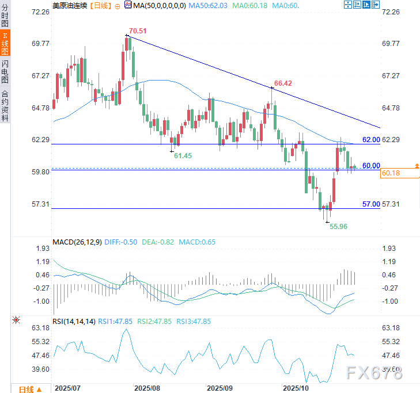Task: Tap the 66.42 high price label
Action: coord(283,83)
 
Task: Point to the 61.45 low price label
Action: coord(183,156)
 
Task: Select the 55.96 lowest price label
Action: coord(338,227)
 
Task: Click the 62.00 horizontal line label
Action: coord(371,140)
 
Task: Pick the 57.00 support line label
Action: coord(371,204)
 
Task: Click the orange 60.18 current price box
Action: coord(390,173)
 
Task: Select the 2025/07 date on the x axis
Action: coord(67,388)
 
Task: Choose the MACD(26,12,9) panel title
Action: coord(77,242)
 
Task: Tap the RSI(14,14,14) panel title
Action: coord(73,322)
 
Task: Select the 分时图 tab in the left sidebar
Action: coord(5,15)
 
